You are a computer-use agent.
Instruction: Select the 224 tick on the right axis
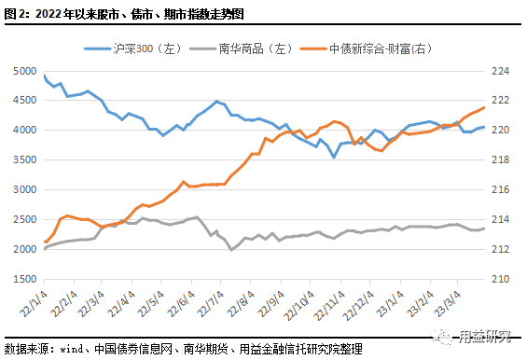pyautogui.click(x=501, y=71)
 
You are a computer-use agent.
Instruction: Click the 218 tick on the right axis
pyautogui.click(x=501, y=160)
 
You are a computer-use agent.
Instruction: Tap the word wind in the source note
pyautogui.click(x=73, y=349)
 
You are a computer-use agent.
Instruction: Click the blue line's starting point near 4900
pyautogui.click(x=45, y=76)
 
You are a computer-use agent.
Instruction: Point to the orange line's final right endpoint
pyautogui.click(x=484, y=107)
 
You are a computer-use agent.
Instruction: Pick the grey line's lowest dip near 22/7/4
pyautogui.click(x=231, y=250)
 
